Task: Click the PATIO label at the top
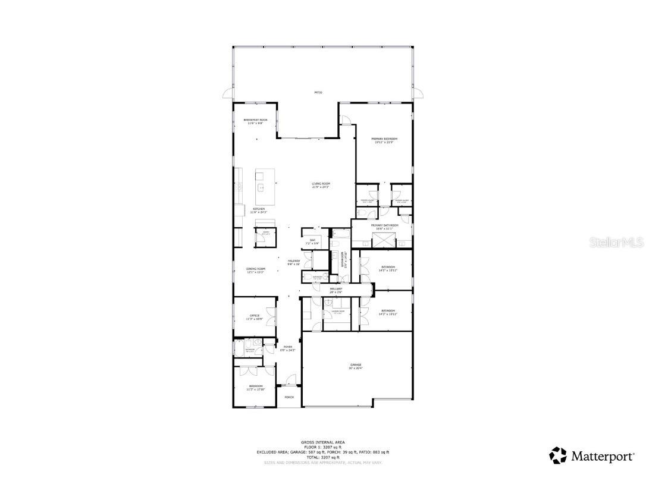pyautogui.click(x=318, y=92)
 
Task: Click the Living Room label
pyautogui.click(x=321, y=185)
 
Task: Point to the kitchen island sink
pyautogui.click(x=260, y=188)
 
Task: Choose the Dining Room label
pyautogui.click(x=256, y=270)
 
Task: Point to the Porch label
pyautogui.click(x=289, y=397)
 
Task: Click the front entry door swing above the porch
pyautogui.click(x=290, y=379)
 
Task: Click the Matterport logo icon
pyautogui.click(x=558, y=456)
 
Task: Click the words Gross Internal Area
pyautogui.click(x=322, y=442)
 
